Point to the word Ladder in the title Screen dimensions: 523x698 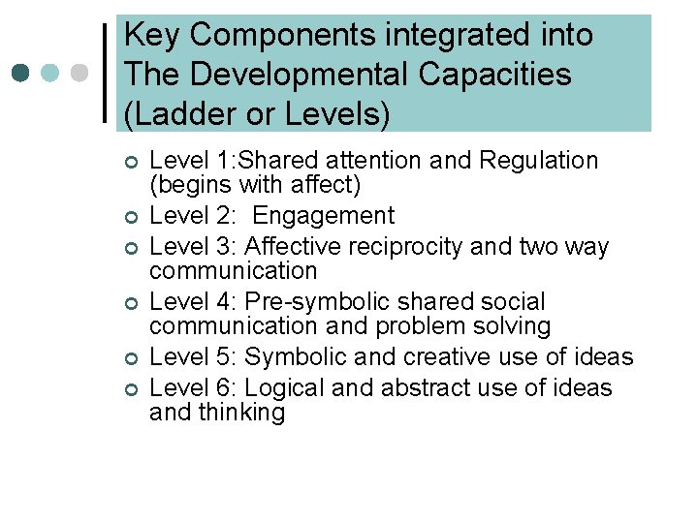pos(174,113)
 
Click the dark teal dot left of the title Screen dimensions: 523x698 pos(22,74)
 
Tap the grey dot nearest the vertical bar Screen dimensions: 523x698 pos(81,74)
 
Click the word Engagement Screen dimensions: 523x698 pos(323,216)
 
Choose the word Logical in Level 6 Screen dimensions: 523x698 pos(283,388)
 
